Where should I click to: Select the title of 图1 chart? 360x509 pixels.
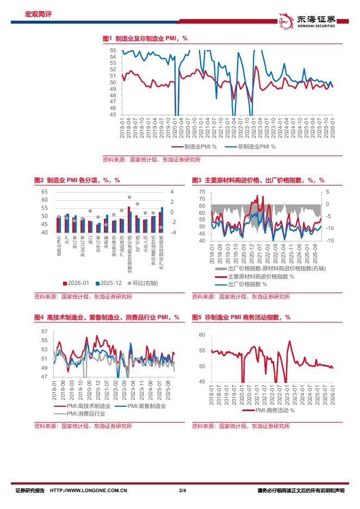pos(145,39)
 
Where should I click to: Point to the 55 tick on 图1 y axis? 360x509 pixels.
pos(113,50)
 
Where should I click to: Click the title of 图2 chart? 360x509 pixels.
pos(77,180)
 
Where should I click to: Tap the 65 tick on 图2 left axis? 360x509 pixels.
pos(45,191)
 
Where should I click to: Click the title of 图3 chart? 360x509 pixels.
pos(258,180)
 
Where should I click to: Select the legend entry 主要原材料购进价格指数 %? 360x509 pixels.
pos(255,276)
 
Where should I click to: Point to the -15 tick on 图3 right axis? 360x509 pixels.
pos(330,240)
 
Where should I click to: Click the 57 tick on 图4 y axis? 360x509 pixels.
pos(45,331)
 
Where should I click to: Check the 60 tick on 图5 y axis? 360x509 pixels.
pos(201,334)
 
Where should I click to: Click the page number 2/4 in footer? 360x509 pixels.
pos(182,491)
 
